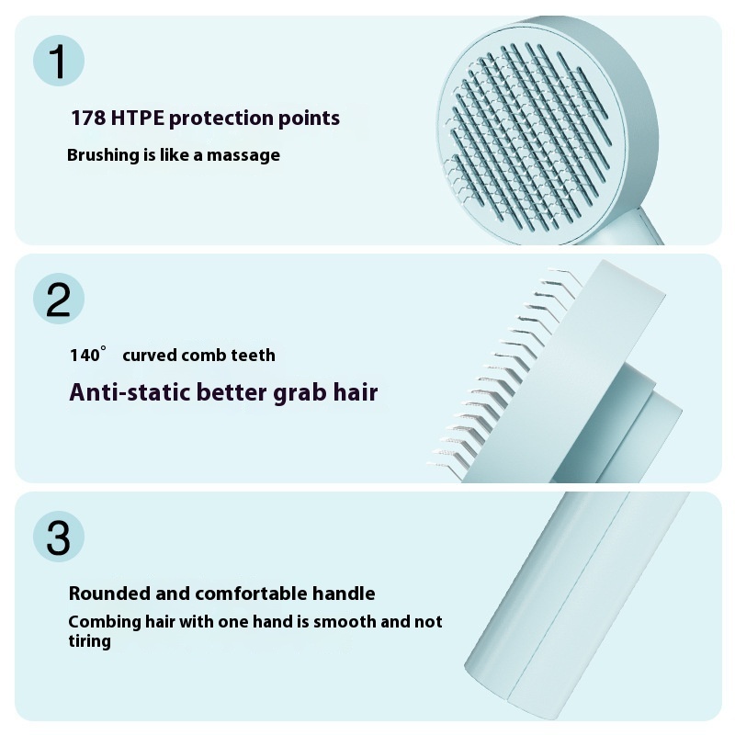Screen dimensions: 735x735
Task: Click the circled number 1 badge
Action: pos(58,62)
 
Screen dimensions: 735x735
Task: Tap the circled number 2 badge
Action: pos(58,300)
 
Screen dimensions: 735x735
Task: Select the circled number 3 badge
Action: pos(58,537)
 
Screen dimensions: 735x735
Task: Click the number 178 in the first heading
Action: pos(88,119)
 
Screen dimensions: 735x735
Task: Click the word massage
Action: pos(243,155)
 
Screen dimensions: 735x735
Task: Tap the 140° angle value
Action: pos(88,355)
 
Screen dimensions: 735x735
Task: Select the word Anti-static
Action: pos(130,392)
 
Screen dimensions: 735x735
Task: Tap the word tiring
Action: pos(89,641)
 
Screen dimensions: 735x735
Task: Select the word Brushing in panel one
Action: pos(102,155)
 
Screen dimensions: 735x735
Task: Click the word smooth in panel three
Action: pos(348,622)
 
